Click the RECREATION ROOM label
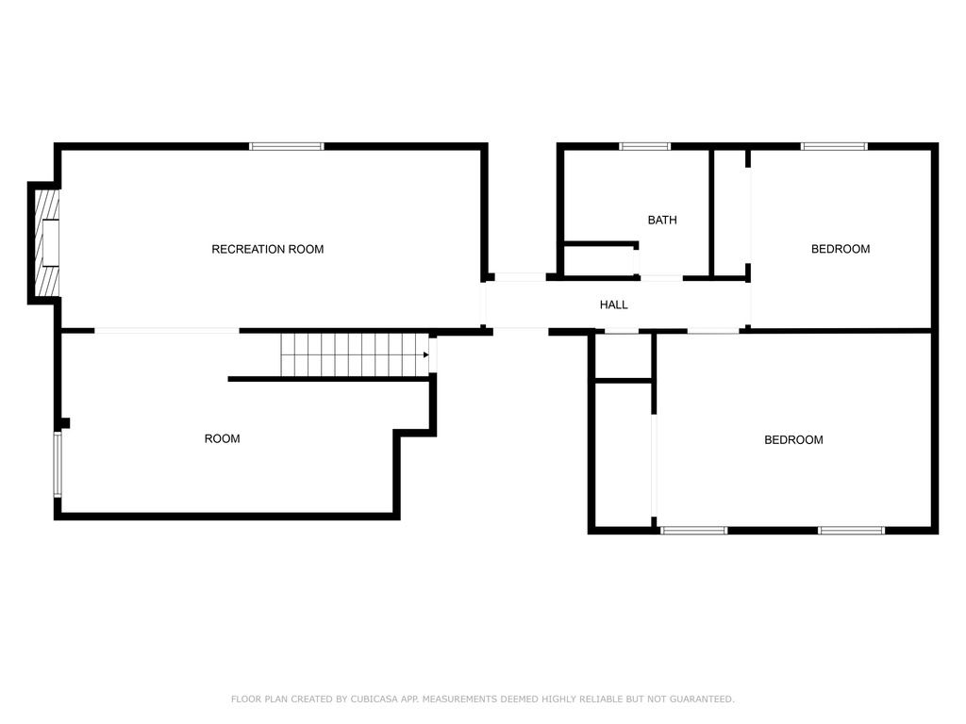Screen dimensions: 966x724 click(267, 249)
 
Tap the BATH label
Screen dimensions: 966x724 click(662, 220)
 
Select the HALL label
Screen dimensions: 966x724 click(613, 304)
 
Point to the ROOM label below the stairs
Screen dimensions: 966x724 click(222, 439)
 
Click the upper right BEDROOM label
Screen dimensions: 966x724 click(841, 249)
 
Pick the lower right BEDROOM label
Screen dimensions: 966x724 click(793, 440)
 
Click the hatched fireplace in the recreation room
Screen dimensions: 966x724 click(47, 242)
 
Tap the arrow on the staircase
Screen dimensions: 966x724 click(425, 354)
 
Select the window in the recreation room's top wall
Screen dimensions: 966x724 click(287, 146)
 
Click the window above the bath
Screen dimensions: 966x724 click(644, 146)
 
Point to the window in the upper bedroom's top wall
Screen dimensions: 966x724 click(834, 146)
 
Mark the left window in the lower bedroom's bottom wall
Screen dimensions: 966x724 click(693, 530)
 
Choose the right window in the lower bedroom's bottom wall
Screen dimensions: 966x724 click(852, 530)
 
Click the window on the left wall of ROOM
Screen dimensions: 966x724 click(58, 464)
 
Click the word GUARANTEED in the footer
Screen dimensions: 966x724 click(701, 699)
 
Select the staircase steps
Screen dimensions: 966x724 click(355, 354)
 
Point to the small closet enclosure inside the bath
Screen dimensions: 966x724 click(600, 261)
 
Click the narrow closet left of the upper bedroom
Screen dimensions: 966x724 click(729, 212)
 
